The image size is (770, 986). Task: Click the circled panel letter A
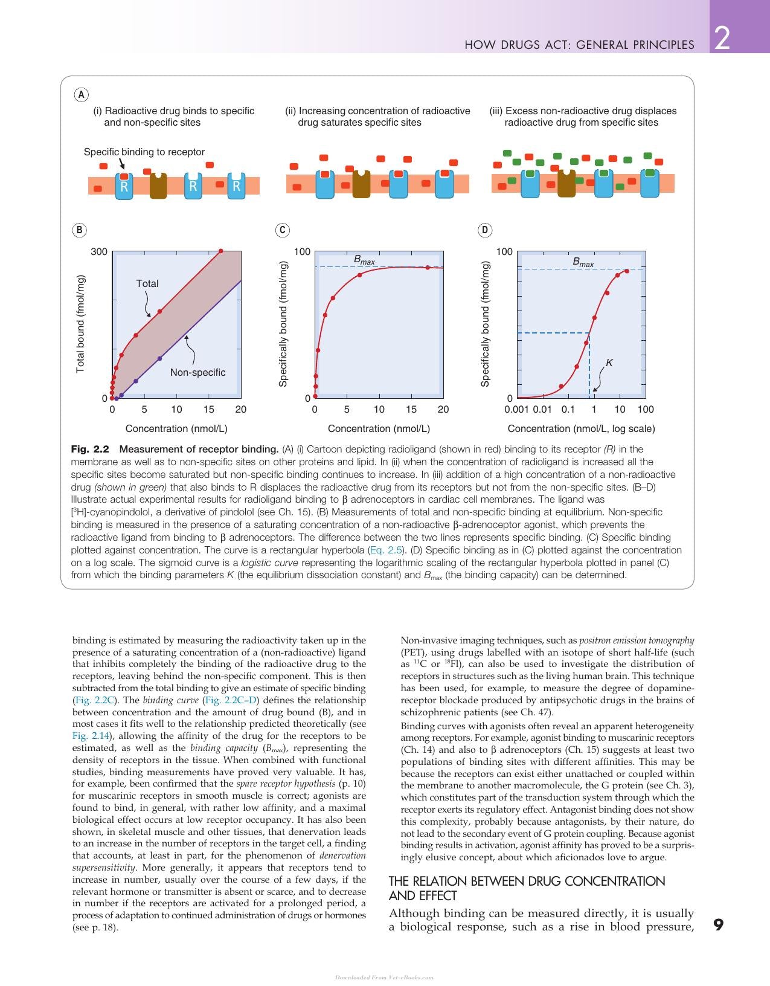coord(81,95)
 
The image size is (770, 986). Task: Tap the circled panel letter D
coord(485,230)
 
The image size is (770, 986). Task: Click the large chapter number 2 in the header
coord(722,38)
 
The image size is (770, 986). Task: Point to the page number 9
coord(718,924)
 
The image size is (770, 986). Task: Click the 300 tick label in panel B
coord(99,252)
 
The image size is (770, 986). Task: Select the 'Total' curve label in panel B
coord(147,283)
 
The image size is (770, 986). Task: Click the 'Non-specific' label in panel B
coord(197,373)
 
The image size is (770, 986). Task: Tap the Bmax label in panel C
coord(364,260)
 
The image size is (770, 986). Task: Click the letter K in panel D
coord(609,362)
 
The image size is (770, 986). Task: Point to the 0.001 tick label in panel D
coord(516,409)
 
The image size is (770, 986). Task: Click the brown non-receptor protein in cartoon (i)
coord(158,185)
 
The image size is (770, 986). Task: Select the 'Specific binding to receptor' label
coord(144,152)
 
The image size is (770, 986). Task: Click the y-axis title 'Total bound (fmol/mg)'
coord(80,324)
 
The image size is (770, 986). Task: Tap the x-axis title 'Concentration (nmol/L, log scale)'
coord(581,429)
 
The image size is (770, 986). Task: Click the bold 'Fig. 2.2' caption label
coord(90,449)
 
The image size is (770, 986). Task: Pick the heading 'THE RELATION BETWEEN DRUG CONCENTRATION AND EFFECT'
coord(527,889)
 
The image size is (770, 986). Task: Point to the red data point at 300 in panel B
coord(221,251)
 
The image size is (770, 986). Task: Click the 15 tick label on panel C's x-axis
coord(411,409)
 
